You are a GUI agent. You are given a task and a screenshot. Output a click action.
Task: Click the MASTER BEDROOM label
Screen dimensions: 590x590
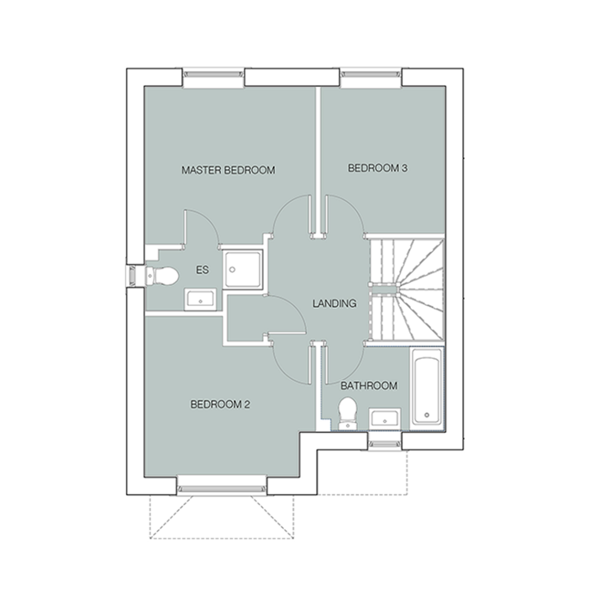pyautogui.click(x=228, y=170)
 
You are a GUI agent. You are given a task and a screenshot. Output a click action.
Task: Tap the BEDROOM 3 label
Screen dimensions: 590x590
pyautogui.click(x=377, y=168)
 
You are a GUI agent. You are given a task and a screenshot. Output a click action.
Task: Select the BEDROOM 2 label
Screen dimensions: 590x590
pyautogui.click(x=220, y=404)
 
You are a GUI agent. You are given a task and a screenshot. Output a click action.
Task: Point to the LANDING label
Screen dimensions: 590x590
pyautogui.click(x=335, y=303)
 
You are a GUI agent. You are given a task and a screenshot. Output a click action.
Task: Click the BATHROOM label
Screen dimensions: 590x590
pyautogui.click(x=369, y=385)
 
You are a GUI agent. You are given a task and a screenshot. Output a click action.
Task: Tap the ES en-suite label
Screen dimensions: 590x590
pyautogui.click(x=202, y=270)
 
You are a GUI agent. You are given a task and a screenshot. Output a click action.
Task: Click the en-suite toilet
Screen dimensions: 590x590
pyautogui.click(x=162, y=277)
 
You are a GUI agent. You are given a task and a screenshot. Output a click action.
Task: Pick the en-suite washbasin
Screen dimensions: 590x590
pyautogui.click(x=200, y=300)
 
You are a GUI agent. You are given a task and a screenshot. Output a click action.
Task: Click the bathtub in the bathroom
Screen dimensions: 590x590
pyautogui.click(x=427, y=387)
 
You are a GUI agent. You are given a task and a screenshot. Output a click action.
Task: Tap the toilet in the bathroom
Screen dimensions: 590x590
pyautogui.click(x=347, y=413)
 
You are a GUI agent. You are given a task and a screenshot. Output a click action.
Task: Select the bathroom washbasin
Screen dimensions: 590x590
pyautogui.click(x=384, y=418)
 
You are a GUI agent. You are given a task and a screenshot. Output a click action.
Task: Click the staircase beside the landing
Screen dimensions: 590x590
pyautogui.click(x=407, y=289)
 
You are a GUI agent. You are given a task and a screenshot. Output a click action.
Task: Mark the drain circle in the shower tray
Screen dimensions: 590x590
pyautogui.click(x=232, y=270)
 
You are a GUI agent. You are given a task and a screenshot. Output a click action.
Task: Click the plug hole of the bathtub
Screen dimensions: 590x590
pyautogui.click(x=427, y=415)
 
